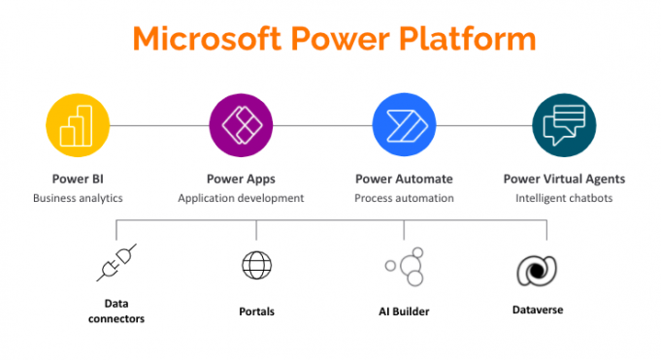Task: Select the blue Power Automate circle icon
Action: click(404, 125)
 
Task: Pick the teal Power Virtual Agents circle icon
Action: click(564, 125)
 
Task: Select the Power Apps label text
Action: click(241, 179)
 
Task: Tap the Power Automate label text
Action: click(404, 179)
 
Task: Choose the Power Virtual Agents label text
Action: click(564, 179)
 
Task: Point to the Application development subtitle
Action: click(241, 198)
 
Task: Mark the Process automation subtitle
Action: click(404, 198)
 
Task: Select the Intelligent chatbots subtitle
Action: click(564, 198)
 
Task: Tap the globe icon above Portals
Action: click(256, 265)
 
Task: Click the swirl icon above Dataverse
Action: click(536, 269)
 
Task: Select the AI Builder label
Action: click(404, 311)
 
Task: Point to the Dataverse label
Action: click(538, 310)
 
